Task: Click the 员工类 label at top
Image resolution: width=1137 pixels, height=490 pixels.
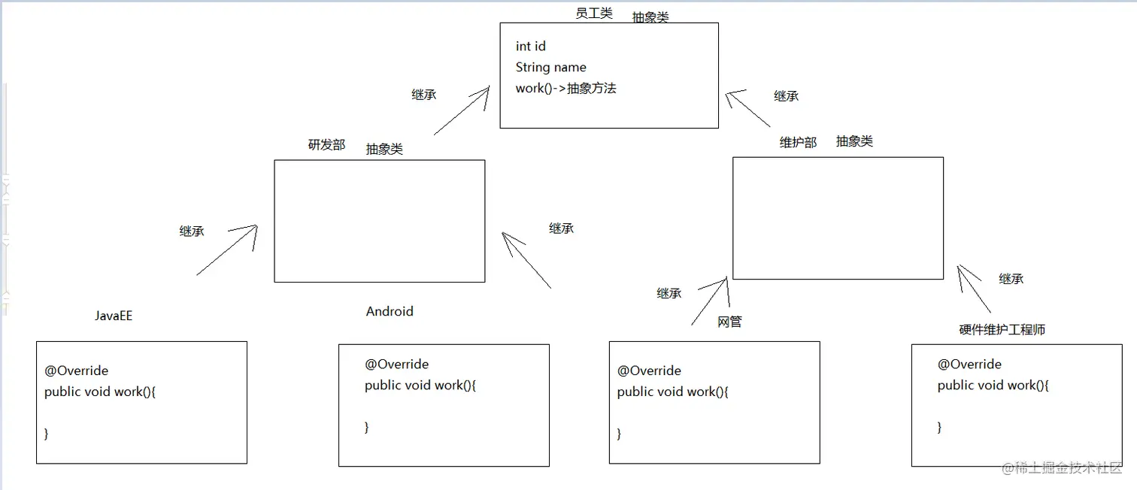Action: [593, 13]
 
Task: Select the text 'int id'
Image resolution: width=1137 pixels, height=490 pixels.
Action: [530, 47]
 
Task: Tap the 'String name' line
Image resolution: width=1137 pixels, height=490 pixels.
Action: [550, 68]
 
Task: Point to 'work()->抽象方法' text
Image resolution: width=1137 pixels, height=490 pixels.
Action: [565, 89]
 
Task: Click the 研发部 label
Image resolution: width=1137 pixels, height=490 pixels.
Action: [326, 145]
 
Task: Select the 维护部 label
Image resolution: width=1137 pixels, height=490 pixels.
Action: [798, 142]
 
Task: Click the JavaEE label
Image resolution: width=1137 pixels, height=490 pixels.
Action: [114, 316]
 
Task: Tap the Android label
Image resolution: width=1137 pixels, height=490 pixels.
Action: [390, 311]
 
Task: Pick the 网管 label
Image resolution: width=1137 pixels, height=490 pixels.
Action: [729, 322]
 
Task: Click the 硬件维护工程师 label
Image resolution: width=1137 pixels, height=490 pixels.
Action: [1002, 329]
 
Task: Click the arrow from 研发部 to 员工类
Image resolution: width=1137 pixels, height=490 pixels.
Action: [462, 110]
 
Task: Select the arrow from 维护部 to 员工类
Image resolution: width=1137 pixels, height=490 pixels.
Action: [748, 108]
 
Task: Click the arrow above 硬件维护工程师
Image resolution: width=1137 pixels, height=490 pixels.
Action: [975, 289]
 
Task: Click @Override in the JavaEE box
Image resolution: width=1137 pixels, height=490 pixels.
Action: [76, 371]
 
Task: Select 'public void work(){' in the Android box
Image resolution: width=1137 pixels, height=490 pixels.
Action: [420, 386]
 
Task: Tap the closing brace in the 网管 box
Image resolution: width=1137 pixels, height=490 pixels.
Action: [620, 434]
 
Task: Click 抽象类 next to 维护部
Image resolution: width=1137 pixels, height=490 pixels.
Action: [854, 141]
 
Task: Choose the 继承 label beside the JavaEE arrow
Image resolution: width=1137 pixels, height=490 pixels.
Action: [192, 231]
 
